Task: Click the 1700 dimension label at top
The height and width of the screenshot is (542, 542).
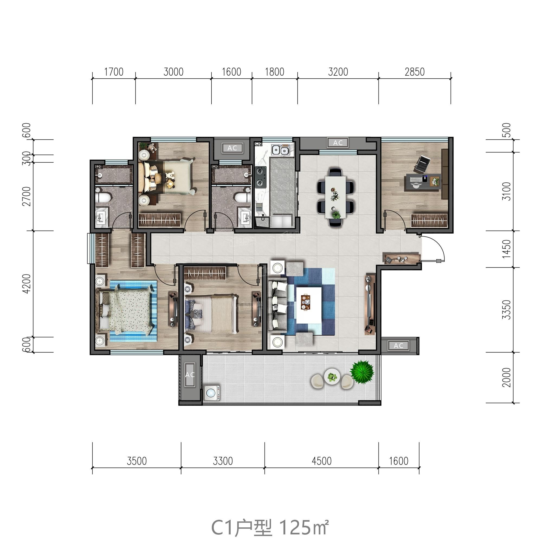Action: (114, 72)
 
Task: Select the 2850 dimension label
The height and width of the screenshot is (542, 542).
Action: (414, 72)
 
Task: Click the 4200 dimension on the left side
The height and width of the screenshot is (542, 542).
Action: (27, 284)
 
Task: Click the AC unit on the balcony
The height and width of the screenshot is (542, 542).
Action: (190, 375)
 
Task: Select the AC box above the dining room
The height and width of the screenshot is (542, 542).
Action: (338, 143)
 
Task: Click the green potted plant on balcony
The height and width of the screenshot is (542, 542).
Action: (362, 372)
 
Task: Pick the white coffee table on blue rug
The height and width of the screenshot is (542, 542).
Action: (309, 305)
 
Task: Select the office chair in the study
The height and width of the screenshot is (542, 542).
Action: (422, 164)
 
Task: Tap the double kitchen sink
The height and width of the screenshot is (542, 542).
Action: (280, 150)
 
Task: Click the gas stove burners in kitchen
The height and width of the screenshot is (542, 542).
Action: (260, 176)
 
